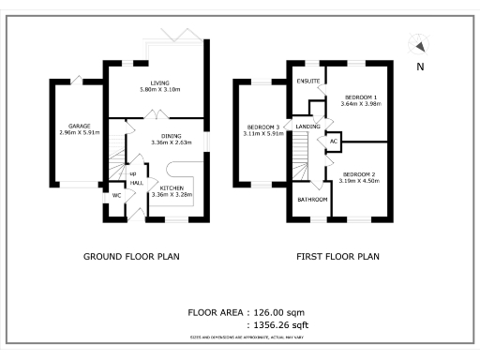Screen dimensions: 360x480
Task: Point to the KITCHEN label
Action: click(x=170, y=187)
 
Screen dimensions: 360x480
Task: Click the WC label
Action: click(x=117, y=196)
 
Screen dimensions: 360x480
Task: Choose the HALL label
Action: click(x=137, y=184)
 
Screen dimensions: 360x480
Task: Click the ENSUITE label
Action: click(x=308, y=82)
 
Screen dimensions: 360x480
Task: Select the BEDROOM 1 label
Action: click(x=361, y=97)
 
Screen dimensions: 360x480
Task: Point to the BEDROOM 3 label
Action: click(x=263, y=127)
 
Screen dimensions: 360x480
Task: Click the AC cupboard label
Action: click(x=333, y=142)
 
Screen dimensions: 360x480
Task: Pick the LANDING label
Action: click(x=307, y=126)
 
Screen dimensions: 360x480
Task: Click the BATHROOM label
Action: click(x=312, y=200)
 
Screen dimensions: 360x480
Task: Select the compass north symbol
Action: click(x=419, y=47)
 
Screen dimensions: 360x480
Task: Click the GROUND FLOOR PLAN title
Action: click(x=132, y=256)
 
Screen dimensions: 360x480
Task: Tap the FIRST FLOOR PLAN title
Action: click(x=337, y=256)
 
